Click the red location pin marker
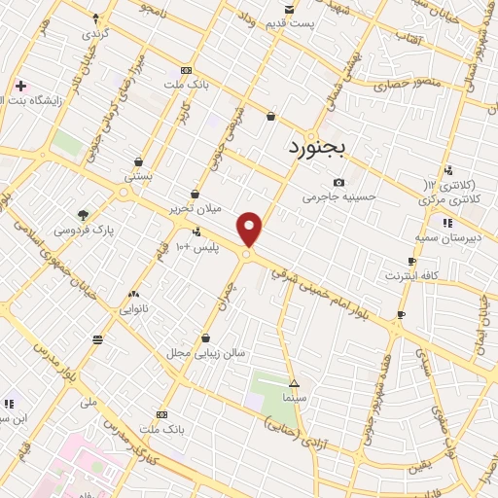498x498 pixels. pyautogui.click(x=250, y=229)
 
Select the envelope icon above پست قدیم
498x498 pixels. pyautogui.click(x=289, y=9)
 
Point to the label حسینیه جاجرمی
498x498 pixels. pyautogui.click(x=338, y=196)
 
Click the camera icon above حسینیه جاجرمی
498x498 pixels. pyautogui.click(x=338, y=182)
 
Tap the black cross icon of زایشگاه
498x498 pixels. pyautogui.click(x=20, y=87)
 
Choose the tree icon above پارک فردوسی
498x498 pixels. pyautogui.click(x=83, y=215)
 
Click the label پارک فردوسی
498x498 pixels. pyautogui.click(x=83, y=231)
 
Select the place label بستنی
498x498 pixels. pyautogui.click(x=138, y=177)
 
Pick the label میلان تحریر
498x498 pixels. pyautogui.click(x=196, y=208)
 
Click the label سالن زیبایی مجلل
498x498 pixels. pyautogui.click(x=206, y=352)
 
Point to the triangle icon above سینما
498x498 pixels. pyautogui.click(x=294, y=383)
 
